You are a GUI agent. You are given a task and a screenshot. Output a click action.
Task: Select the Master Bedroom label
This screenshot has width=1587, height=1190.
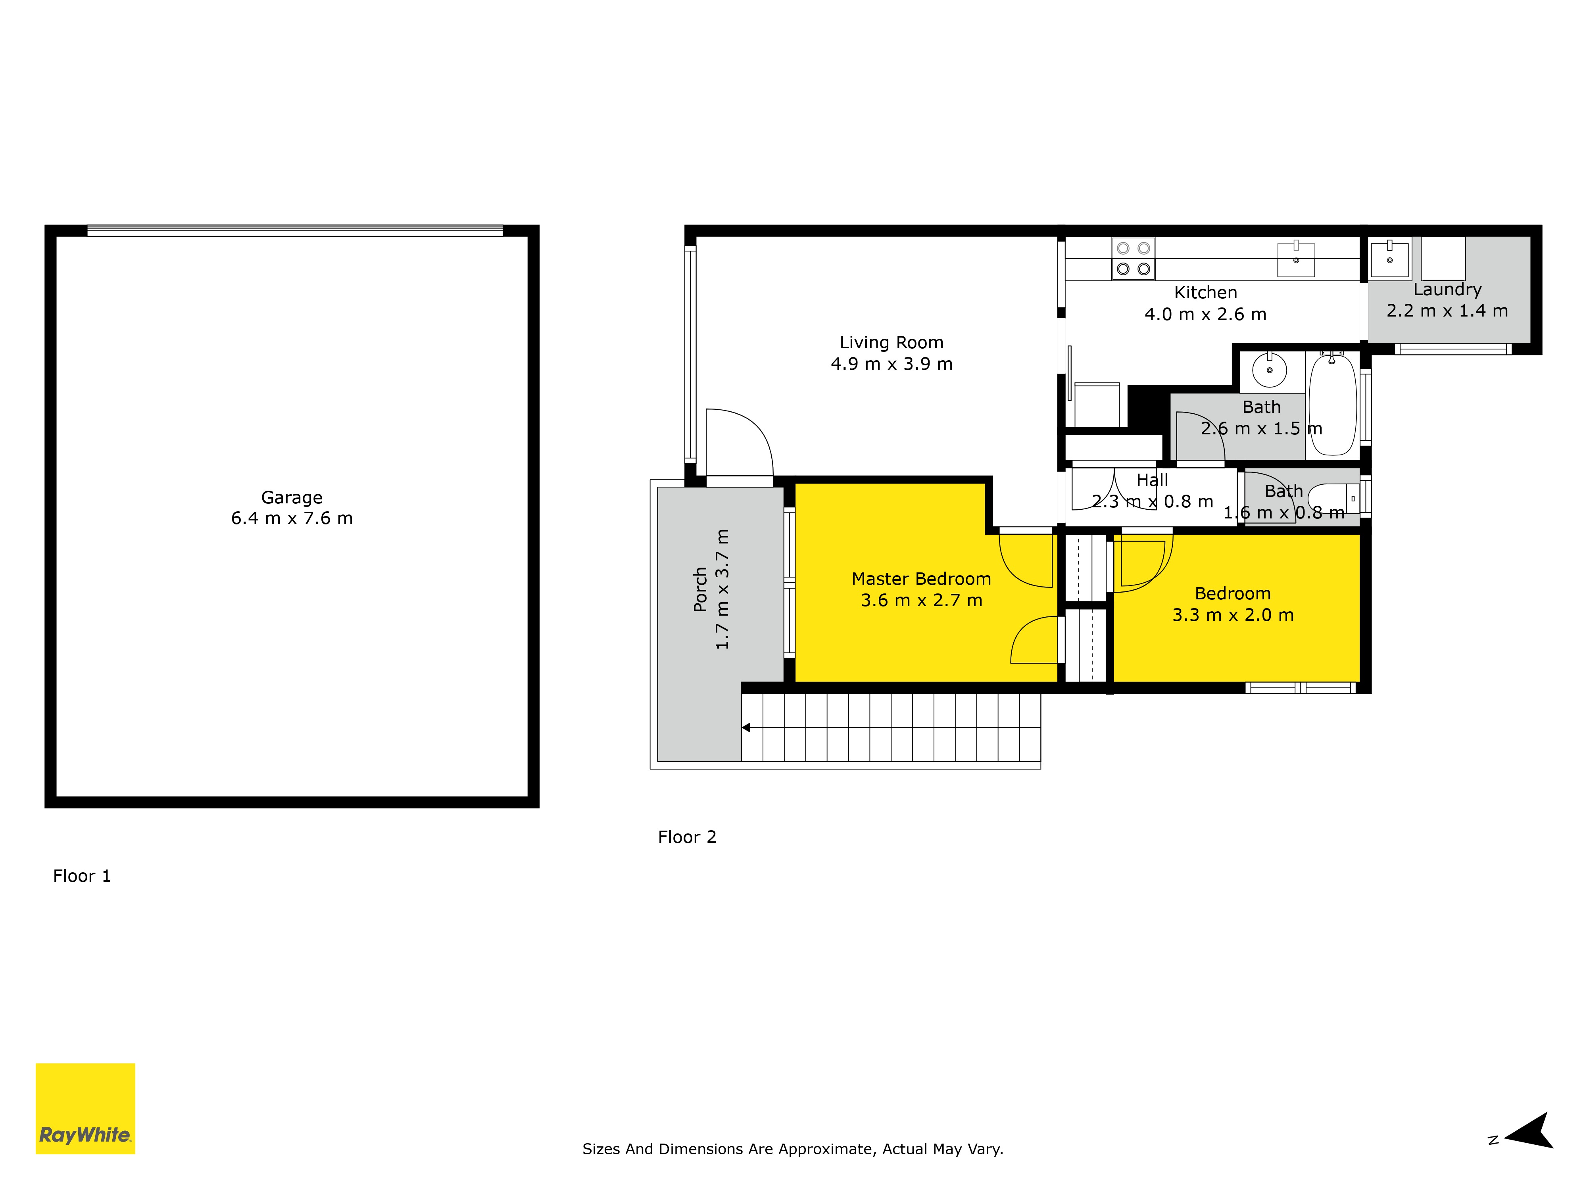click(921, 579)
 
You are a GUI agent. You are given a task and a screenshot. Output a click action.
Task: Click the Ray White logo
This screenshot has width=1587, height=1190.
click(85, 1108)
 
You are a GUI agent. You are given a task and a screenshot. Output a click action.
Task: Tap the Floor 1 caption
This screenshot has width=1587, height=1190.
click(82, 876)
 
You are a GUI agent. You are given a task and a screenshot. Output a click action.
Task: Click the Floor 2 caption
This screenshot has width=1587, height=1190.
click(687, 837)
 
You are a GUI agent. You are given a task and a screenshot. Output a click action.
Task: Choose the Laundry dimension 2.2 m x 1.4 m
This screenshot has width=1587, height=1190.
click(1447, 311)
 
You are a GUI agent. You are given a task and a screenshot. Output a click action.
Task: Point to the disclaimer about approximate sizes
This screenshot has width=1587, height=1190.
click(793, 1149)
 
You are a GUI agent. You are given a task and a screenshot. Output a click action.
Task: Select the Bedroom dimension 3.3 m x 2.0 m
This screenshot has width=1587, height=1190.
click(1233, 615)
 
